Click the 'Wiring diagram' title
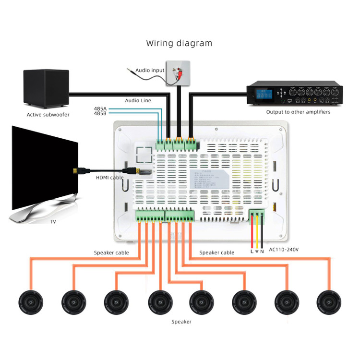[x=179, y=43]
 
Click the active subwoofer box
[x=46, y=89]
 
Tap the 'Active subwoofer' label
[x=48, y=115]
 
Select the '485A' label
[x=100, y=108]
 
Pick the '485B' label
[x=100, y=114]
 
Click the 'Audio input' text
[x=149, y=71]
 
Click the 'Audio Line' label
[x=138, y=100]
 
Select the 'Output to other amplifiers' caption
[x=298, y=112]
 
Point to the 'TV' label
[x=53, y=222]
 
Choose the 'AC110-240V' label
[x=285, y=250]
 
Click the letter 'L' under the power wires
[x=252, y=251]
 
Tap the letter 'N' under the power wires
[x=262, y=251]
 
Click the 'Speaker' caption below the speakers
[x=181, y=322]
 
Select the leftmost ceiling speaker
[x=31, y=303]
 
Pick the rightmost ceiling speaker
[x=330, y=303]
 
